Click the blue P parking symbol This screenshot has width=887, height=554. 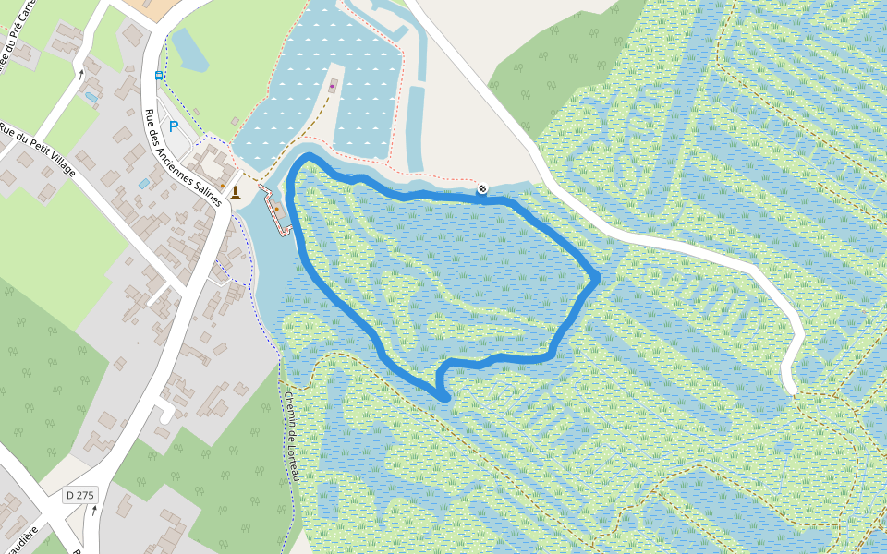tap(173, 126)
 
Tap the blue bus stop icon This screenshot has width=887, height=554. tap(159, 75)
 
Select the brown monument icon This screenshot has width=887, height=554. tap(236, 192)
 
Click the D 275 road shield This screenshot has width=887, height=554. tap(80, 496)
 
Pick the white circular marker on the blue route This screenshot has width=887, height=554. tap(481, 189)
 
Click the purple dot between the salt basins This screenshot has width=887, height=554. tap(332, 89)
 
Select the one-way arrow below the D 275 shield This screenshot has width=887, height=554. tap(93, 510)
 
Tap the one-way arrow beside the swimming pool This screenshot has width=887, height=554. tap(81, 73)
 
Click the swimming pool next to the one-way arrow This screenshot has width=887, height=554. tap(91, 97)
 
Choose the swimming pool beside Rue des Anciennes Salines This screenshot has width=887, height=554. tap(144, 184)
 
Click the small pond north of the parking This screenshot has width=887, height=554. tap(190, 50)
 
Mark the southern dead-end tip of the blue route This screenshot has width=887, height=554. tap(445, 397)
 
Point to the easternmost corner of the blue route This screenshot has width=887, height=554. tap(597, 276)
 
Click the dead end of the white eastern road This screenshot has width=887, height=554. tap(790, 389)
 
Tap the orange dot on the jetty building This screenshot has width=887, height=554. tap(275, 209)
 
